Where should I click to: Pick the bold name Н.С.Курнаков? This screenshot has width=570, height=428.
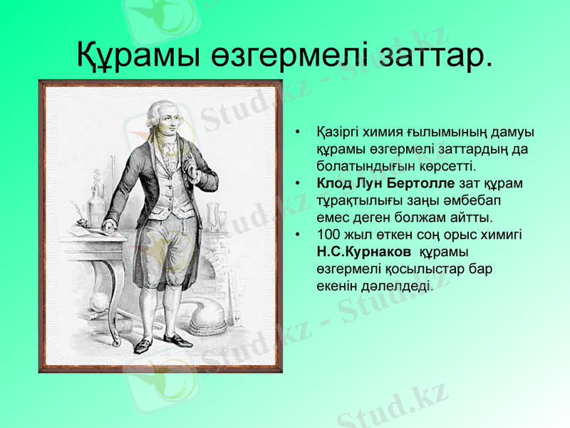click(x=363, y=252)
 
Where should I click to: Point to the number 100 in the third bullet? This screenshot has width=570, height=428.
click(x=328, y=235)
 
